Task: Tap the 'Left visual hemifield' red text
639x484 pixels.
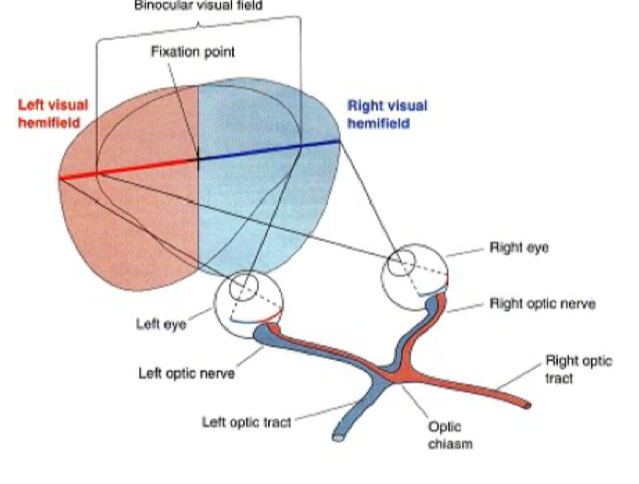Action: point(52,113)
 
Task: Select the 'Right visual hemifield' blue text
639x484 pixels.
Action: point(387,113)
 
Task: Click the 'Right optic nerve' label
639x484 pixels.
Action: point(541,303)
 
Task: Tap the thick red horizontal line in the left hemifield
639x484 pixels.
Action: point(129,167)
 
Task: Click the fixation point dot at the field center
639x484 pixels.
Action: point(198,158)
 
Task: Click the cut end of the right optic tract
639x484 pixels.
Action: point(525,404)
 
